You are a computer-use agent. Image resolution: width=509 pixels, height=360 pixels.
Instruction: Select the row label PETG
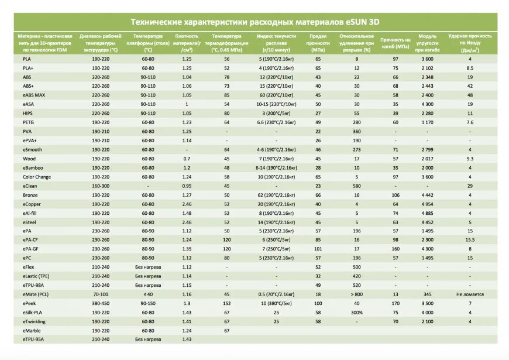click(28, 122)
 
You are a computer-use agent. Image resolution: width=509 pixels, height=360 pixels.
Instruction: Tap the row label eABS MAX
click(34, 95)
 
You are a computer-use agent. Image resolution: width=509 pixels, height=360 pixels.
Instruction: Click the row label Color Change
click(37, 177)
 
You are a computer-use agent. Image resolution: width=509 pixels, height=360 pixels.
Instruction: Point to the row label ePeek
click(29, 303)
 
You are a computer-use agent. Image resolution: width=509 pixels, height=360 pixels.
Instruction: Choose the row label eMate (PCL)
click(36, 294)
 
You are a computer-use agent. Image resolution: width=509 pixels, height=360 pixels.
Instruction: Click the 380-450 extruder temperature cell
click(101, 303)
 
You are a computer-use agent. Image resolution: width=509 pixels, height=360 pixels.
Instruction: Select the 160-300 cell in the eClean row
click(101, 186)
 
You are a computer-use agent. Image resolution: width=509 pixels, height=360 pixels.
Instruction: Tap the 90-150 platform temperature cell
click(148, 303)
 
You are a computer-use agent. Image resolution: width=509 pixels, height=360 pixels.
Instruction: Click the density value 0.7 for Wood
click(187, 159)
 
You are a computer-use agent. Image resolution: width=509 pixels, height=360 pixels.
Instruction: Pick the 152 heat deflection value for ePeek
click(226, 303)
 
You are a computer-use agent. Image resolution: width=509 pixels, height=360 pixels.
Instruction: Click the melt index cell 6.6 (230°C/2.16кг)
click(276, 122)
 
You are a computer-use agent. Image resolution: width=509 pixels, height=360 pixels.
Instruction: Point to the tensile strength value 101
click(318, 249)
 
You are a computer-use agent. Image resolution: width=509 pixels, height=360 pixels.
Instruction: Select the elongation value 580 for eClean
click(357, 186)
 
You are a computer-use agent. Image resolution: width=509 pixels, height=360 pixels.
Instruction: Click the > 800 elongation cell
click(357, 294)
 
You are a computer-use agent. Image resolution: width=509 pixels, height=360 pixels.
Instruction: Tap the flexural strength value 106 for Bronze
click(395, 196)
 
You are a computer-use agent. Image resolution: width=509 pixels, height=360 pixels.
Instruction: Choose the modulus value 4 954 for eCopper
click(428, 204)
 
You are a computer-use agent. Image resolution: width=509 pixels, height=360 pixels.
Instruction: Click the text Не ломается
click(470, 294)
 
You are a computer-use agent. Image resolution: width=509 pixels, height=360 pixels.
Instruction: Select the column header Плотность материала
click(187, 43)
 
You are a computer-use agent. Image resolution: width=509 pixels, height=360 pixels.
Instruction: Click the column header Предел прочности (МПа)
click(318, 43)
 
